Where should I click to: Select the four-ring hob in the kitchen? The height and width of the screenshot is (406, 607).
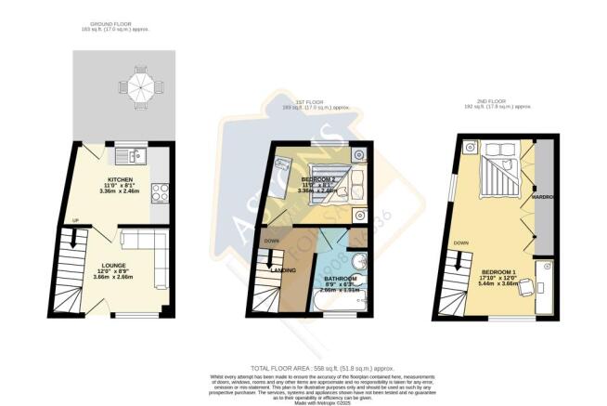[x=158, y=192]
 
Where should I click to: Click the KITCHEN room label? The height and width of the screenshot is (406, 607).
[x=122, y=179]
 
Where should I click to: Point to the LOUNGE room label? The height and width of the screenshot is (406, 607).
[x=113, y=265]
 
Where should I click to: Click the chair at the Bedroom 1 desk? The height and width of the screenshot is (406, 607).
[x=524, y=286]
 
